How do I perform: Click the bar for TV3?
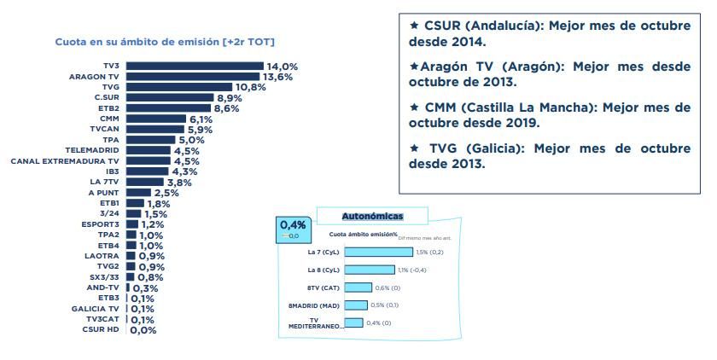(195, 66)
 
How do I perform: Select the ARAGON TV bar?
(193, 76)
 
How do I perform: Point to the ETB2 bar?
(168, 108)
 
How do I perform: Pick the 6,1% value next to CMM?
(201, 119)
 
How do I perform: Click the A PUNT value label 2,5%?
(166, 193)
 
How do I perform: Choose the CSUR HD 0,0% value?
(143, 330)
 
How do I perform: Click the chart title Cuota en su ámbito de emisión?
(165, 42)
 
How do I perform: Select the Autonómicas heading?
(372, 217)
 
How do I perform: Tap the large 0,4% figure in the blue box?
(293, 225)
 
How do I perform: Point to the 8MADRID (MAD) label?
(315, 305)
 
